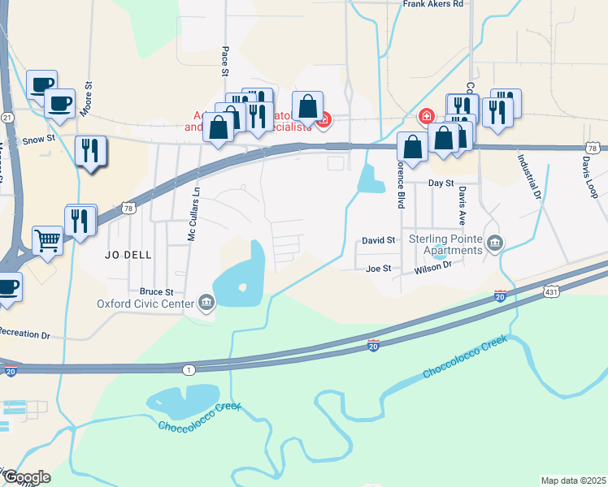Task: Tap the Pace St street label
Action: click(224, 62)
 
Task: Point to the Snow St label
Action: click(39, 139)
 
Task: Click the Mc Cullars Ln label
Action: click(193, 214)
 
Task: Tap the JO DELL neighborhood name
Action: click(128, 254)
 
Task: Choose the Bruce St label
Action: click(157, 291)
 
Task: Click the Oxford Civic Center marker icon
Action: click(206, 304)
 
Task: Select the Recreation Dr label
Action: click(24, 334)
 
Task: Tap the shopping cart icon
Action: click(48, 239)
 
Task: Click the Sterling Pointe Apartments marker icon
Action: click(496, 242)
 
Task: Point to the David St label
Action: click(378, 241)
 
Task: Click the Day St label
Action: click(441, 183)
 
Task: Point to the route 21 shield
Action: click(7, 118)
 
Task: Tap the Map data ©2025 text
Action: click(573, 481)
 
